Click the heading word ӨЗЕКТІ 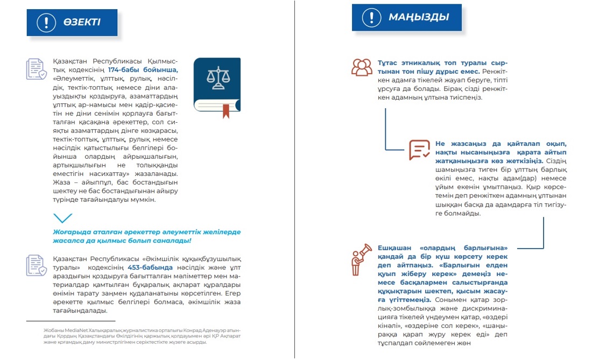point(82,22)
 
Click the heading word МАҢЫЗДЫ point(419,17)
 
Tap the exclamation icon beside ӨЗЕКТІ point(46,22)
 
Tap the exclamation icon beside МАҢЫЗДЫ point(371,17)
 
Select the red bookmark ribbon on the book point(226,110)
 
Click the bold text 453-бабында point(150,267)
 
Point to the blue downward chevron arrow point(63,218)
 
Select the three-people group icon point(362,67)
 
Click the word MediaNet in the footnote point(79,330)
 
